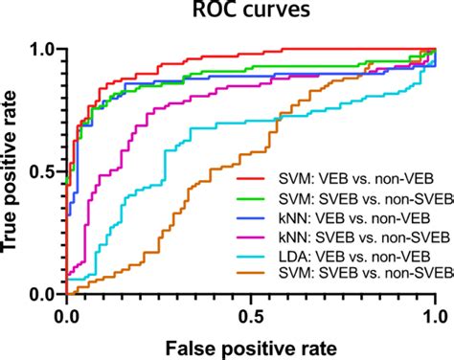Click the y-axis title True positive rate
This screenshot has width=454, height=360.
17,170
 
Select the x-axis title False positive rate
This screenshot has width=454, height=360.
251,344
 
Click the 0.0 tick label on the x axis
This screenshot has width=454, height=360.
66,314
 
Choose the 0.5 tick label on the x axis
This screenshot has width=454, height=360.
251,314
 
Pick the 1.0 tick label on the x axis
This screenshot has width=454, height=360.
435,314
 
